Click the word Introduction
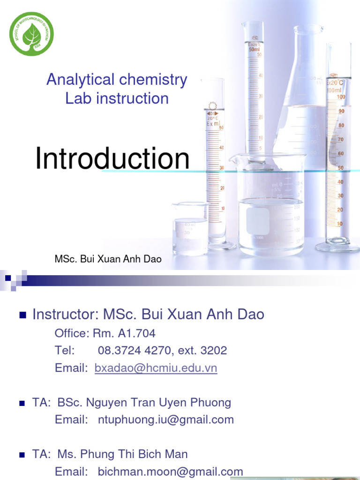coord(112,159)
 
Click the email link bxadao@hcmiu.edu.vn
coord(156,368)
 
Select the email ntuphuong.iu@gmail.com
coord(165,420)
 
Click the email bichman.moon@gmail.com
coord(170,472)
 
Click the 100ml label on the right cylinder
coord(335,90)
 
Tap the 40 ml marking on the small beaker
coord(190,225)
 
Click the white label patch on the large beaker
coord(257,221)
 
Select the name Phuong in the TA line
coord(213,403)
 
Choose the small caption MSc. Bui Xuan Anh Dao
coord(108,259)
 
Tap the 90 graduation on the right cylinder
coord(341,111)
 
